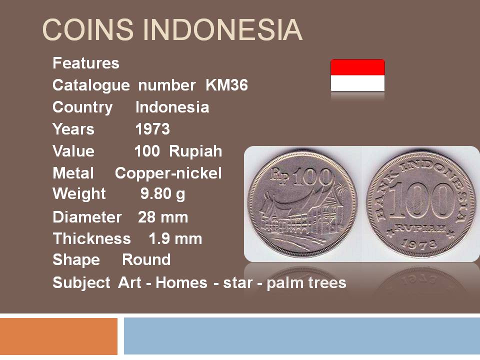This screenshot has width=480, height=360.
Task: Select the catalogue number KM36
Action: (226, 85)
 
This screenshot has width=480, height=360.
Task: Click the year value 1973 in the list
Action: (152, 129)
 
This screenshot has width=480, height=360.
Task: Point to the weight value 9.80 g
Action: (163, 194)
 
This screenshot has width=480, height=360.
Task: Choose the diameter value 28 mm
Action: (163, 217)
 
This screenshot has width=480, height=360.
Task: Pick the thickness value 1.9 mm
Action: (175, 239)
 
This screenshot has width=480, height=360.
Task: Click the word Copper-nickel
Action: (168, 173)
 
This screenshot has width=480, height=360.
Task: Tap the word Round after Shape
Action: (146, 259)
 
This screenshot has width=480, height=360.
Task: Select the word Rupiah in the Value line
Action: (195, 151)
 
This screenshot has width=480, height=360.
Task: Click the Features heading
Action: (85, 63)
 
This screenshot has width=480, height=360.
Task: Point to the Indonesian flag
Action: (357, 75)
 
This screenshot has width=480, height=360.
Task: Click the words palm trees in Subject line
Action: (306, 282)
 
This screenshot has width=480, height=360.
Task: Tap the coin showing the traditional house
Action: (302, 204)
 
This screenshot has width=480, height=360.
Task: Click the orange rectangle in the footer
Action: (59, 336)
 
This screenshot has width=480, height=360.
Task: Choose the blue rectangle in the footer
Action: (302, 336)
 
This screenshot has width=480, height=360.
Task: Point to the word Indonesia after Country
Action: (172, 107)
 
